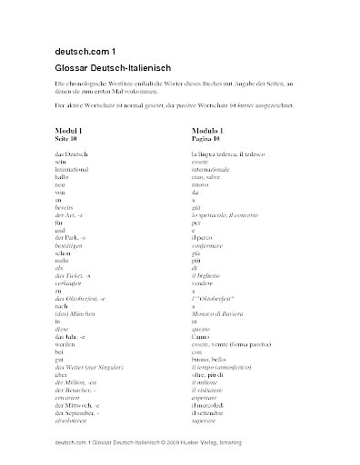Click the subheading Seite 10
(x=67, y=139)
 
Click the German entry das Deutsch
(x=70, y=153)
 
